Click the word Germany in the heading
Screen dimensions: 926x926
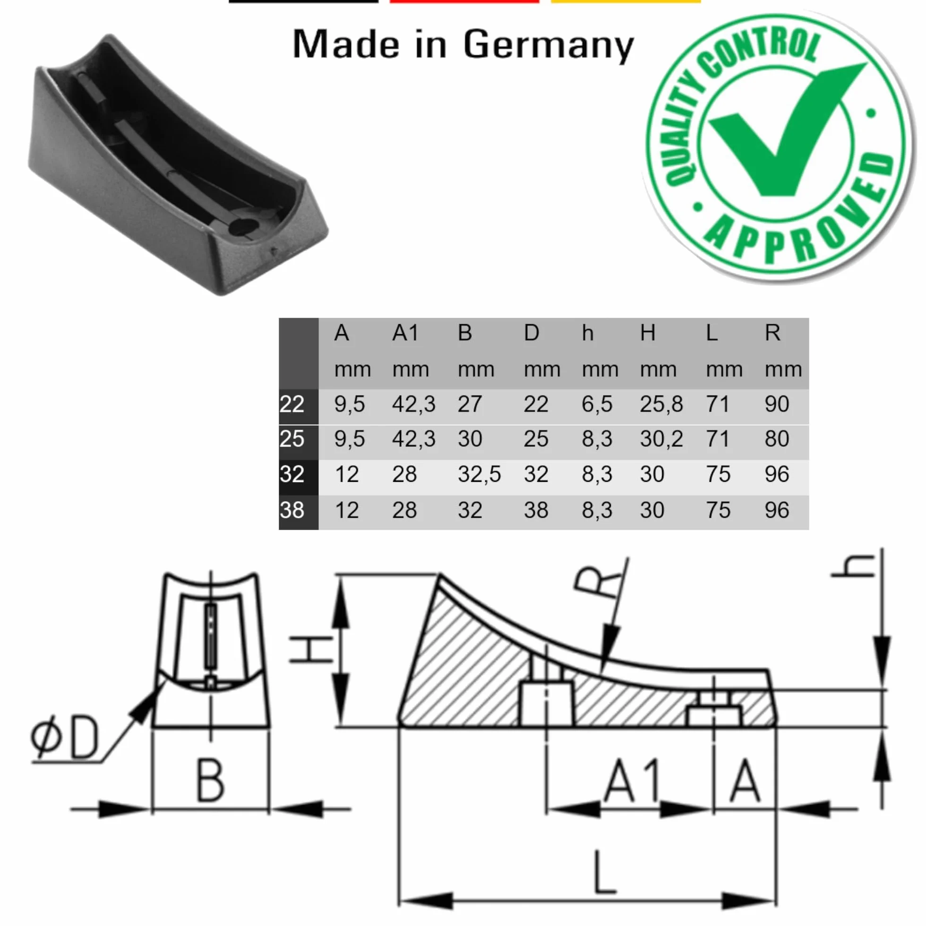(x=549, y=45)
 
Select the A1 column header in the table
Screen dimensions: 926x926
(x=405, y=333)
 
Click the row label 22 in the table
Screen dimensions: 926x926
(x=292, y=404)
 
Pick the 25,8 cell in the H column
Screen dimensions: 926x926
(x=661, y=404)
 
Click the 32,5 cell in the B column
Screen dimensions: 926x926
(x=479, y=474)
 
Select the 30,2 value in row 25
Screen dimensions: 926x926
(x=661, y=439)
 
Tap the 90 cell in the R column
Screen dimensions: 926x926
(x=777, y=404)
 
